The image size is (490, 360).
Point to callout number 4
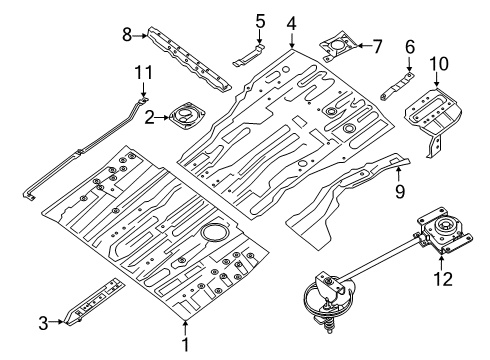(x=291, y=23)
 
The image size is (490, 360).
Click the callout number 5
(x=259, y=19)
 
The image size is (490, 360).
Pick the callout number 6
(x=409, y=46)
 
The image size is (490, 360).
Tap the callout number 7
(x=377, y=45)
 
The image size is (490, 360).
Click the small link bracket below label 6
(x=396, y=83)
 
